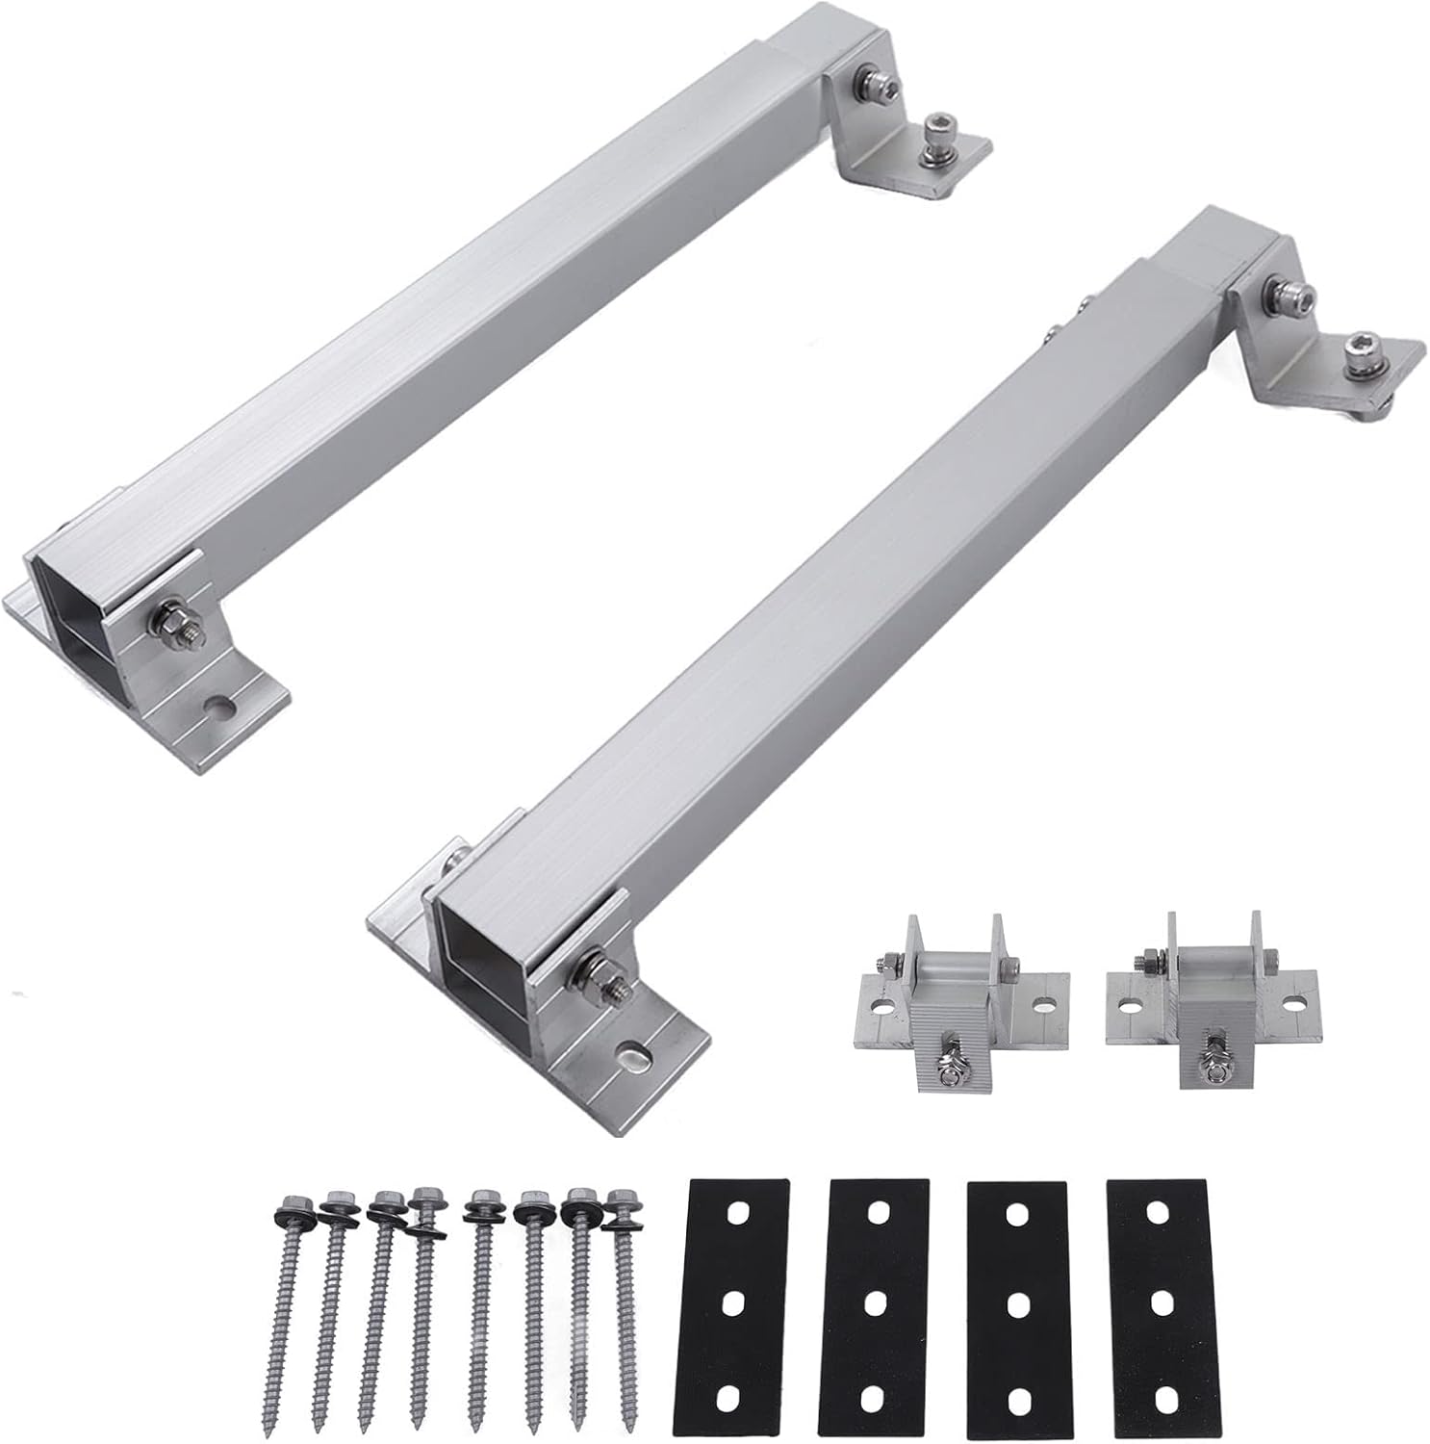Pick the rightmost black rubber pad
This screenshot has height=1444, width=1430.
[x=1153, y=1309]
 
